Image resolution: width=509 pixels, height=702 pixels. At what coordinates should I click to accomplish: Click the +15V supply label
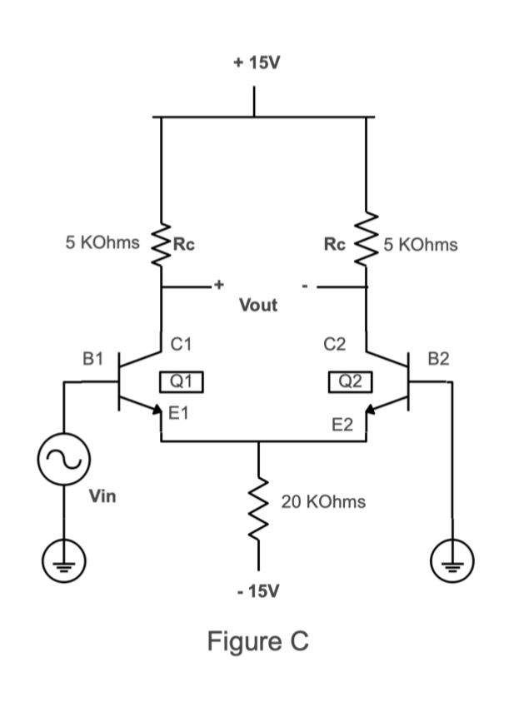pyautogui.click(x=255, y=62)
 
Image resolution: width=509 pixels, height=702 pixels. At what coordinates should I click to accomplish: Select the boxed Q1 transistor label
pyautogui.click(x=181, y=381)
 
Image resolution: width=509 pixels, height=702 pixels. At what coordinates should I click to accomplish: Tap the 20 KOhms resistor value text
pyautogui.click(x=323, y=502)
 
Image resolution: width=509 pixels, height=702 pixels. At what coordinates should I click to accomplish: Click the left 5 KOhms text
pyautogui.click(x=102, y=244)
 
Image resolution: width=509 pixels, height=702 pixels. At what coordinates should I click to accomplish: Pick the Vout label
pyautogui.click(x=258, y=305)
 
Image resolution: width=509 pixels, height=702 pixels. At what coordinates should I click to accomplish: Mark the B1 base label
pyautogui.click(x=92, y=359)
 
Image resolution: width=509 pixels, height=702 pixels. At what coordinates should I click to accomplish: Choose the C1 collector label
pyautogui.click(x=182, y=341)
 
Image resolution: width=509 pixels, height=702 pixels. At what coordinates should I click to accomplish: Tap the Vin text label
pyautogui.click(x=103, y=497)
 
